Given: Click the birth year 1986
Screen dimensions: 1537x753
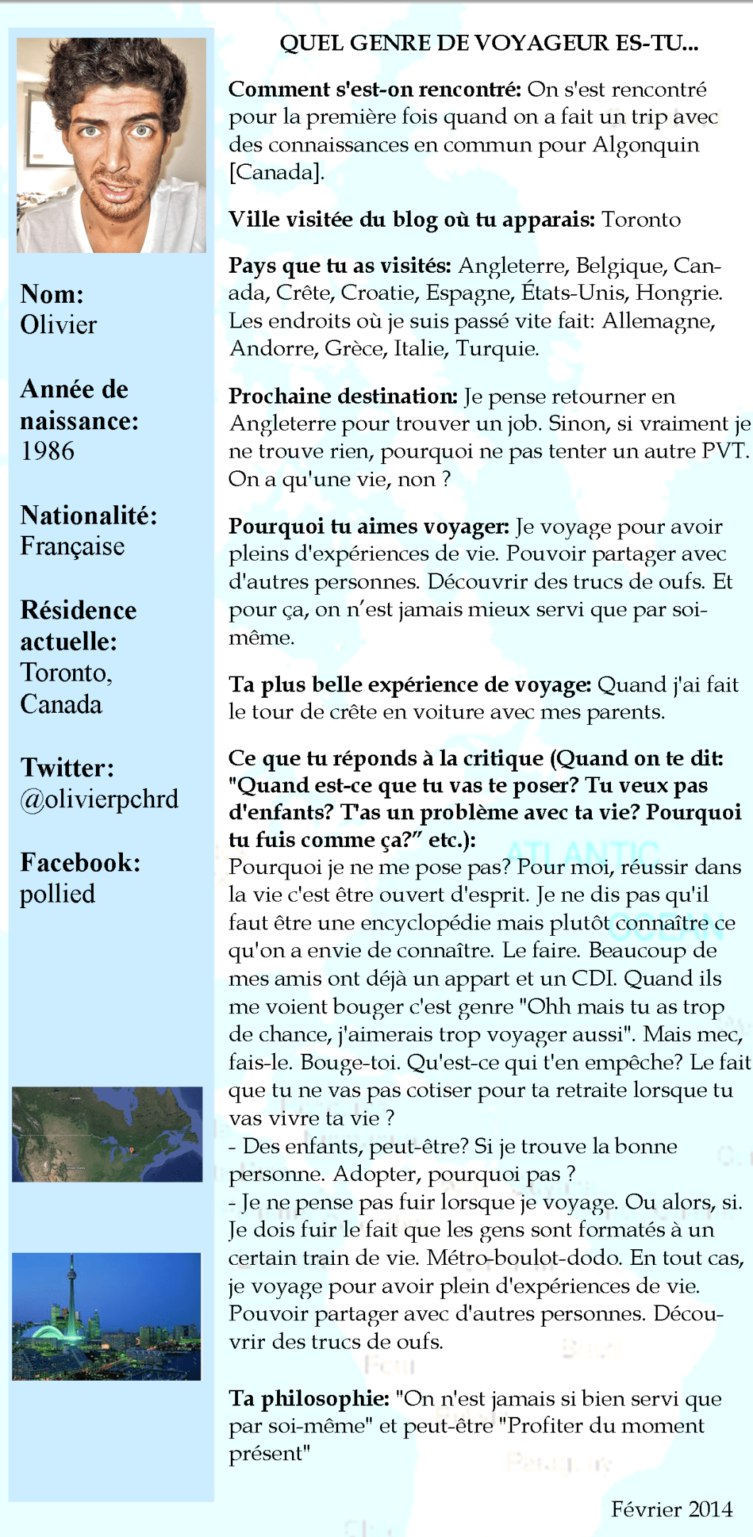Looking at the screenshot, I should [x=47, y=451].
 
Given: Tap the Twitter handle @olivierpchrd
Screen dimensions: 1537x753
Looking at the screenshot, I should [x=99, y=799].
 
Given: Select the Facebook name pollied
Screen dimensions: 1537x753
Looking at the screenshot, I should [x=57, y=893].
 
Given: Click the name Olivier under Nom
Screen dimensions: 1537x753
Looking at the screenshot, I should [x=58, y=325].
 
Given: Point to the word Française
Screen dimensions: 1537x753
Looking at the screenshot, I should [x=72, y=546].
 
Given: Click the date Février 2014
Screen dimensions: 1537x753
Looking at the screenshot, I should [x=671, y=1508].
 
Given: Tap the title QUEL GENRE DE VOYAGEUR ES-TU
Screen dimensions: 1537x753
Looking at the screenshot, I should [x=489, y=43].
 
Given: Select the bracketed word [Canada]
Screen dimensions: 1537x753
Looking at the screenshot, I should [x=276, y=172].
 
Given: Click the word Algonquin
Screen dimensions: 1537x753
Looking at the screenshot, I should [x=646, y=144].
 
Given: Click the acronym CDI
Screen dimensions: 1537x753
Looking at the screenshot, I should [x=593, y=978].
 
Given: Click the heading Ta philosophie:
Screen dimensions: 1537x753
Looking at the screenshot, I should [x=309, y=1398].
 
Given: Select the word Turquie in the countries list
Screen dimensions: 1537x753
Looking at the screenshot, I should [x=497, y=348].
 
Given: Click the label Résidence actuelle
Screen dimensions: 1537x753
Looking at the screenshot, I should [x=78, y=625].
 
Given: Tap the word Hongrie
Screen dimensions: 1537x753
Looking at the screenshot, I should [x=678, y=292].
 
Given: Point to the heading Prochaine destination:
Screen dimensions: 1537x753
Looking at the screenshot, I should [x=343, y=396].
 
